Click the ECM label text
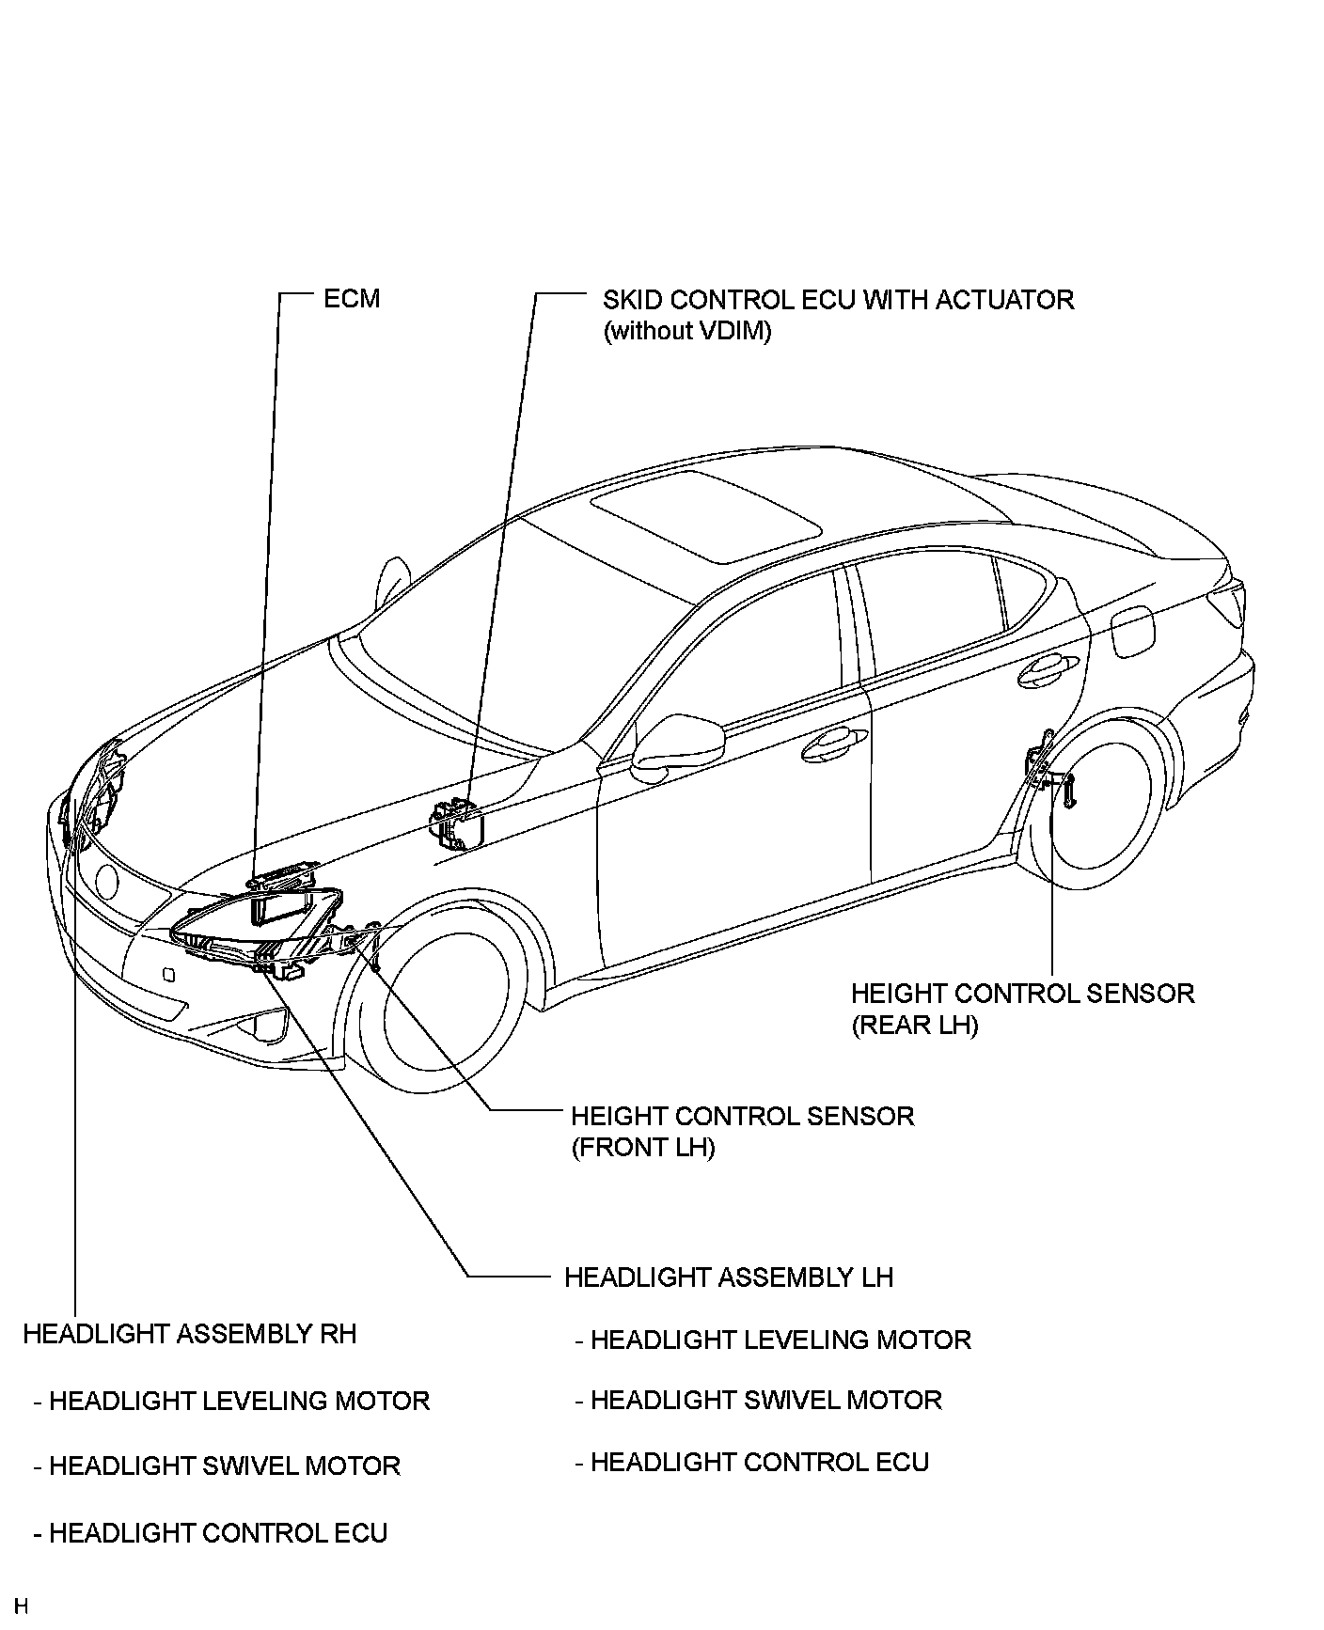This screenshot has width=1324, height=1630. pyautogui.click(x=352, y=299)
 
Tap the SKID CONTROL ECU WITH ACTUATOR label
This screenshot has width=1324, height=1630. pyautogui.click(x=838, y=300)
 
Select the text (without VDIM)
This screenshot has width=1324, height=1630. pyautogui.click(x=686, y=331)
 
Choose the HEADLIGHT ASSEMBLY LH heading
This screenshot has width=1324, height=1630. pyautogui.click(x=729, y=1277)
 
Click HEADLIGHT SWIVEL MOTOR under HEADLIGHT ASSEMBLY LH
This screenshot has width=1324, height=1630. pyautogui.click(x=765, y=1400)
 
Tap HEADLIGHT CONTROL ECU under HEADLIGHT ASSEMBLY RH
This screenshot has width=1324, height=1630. pyautogui.click(x=217, y=1533)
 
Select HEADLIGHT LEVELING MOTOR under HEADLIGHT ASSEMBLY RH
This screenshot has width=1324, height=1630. pyautogui.click(x=239, y=1401)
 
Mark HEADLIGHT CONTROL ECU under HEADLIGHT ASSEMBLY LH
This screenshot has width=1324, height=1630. pyautogui.click(x=759, y=1462)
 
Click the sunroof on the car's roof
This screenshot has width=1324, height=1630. pyautogui.click(x=704, y=516)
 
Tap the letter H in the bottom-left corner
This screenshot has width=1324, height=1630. pyautogui.click(x=21, y=1606)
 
